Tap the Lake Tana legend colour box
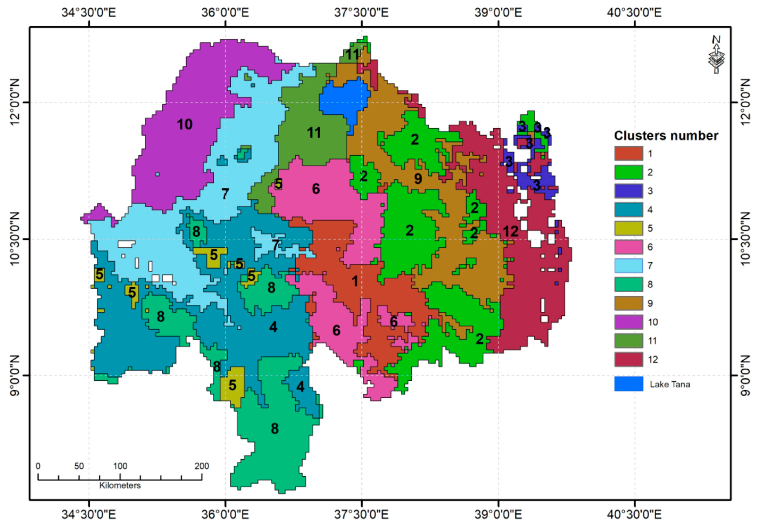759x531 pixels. pos(629,384)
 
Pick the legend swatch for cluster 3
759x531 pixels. pos(629,191)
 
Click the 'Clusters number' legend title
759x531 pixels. pos(666,136)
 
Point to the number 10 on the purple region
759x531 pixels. pos(184,125)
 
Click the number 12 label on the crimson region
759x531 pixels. pos(511,231)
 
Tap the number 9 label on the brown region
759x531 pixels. pos(418,179)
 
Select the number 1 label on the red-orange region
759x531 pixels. pos(355,281)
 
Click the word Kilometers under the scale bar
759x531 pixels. pos(120,485)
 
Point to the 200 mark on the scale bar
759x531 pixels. pos(202,466)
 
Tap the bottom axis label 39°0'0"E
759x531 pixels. pos(498,514)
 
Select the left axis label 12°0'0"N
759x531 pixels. pos(15,102)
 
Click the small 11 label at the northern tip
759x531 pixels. pos(352,54)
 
